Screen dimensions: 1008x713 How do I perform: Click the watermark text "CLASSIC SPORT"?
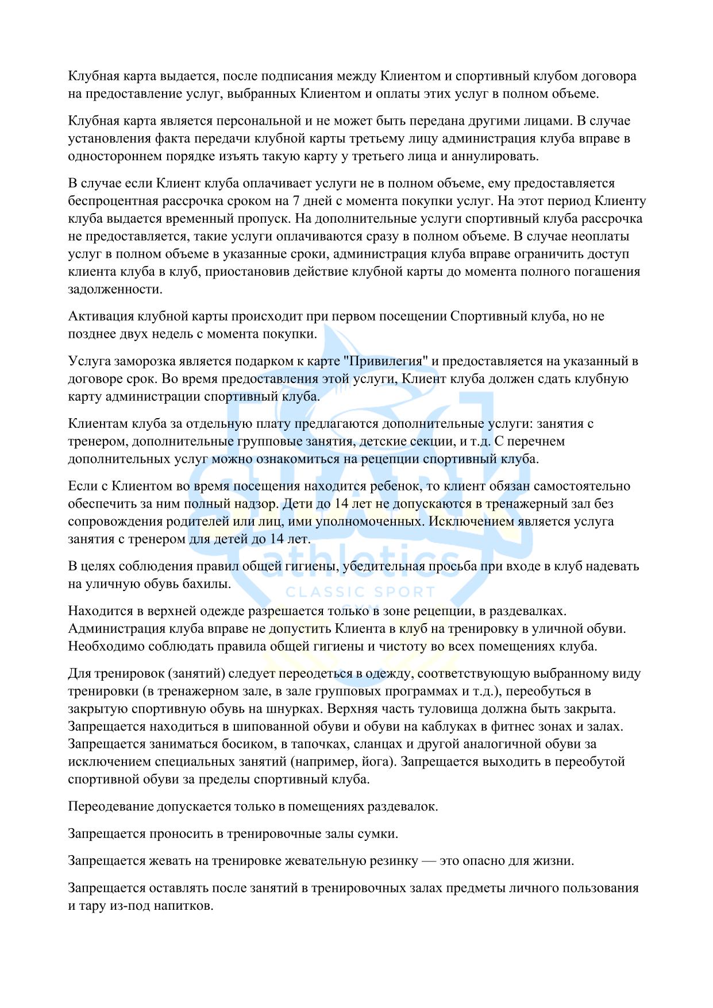(x=360, y=592)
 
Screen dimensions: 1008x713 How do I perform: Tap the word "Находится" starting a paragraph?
(x=97, y=611)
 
